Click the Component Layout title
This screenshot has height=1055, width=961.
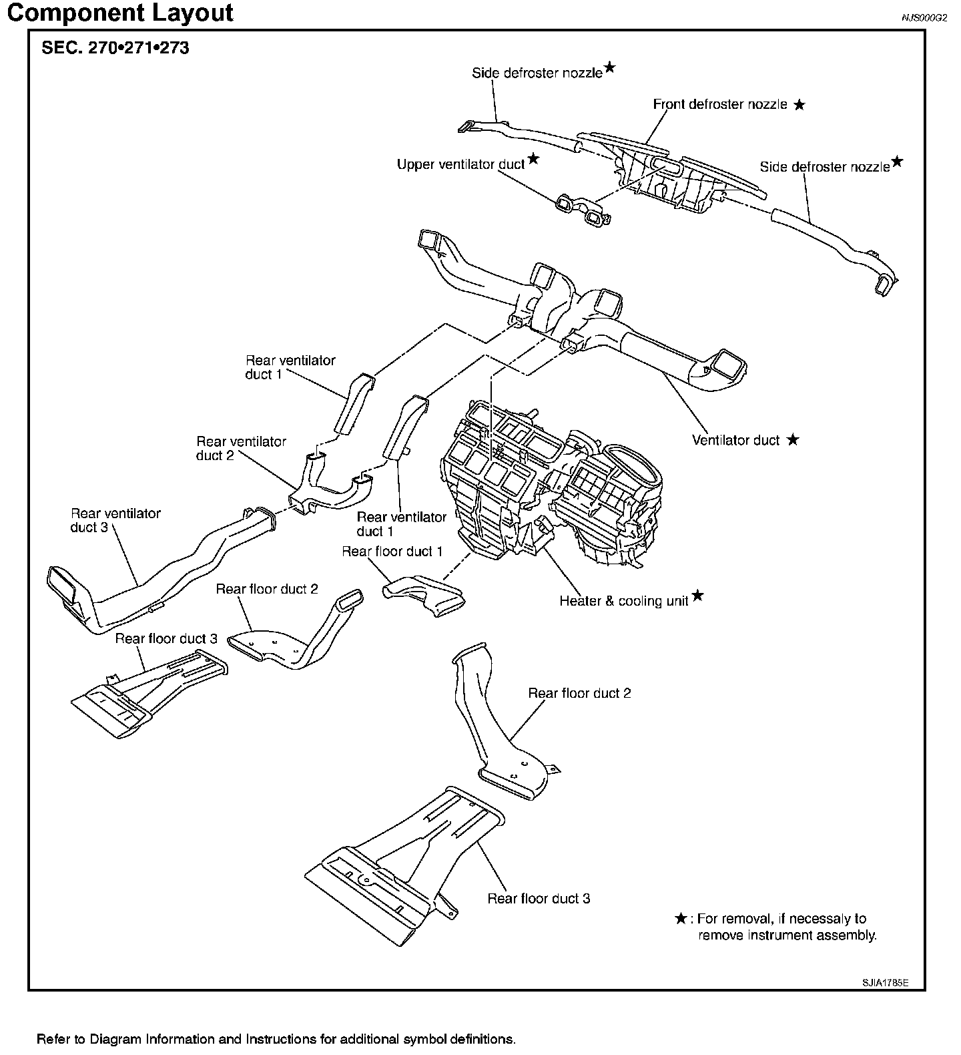pyautogui.click(x=120, y=13)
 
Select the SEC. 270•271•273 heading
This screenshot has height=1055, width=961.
pyautogui.click(x=115, y=48)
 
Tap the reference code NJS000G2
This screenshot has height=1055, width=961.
pyautogui.click(x=924, y=19)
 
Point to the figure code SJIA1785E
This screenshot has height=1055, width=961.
pyautogui.click(x=884, y=983)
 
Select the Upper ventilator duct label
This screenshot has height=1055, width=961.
pyautogui.click(x=460, y=164)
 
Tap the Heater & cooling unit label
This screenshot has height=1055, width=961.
pyautogui.click(x=623, y=601)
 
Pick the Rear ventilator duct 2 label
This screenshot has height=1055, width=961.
pyautogui.click(x=241, y=448)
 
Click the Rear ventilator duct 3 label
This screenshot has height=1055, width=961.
pyautogui.click(x=115, y=520)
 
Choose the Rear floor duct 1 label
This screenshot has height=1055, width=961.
pyautogui.click(x=392, y=552)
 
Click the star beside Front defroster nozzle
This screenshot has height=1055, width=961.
pyautogui.click(x=799, y=105)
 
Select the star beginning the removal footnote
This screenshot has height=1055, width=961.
pyautogui.click(x=681, y=919)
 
